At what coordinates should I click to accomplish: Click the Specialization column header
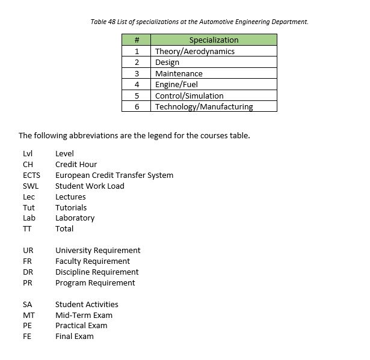click(x=214, y=40)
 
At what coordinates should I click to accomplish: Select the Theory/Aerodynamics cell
click(x=194, y=51)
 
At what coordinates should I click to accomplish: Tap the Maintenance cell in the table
click(x=179, y=73)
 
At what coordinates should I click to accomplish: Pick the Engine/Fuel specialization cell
click(x=176, y=85)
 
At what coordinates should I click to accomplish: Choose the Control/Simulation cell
click(x=189, y=96)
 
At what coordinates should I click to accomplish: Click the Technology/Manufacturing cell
click(x=204, y=106)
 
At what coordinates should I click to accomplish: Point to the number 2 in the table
click(x=137, y=63)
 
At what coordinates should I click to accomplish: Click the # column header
click(x=137, y=40)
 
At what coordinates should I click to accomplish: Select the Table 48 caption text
click(x=199, y=22)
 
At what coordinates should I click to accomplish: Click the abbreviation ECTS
click(x=31, y=175)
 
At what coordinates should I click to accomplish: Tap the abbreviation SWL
click(x=30, y=186)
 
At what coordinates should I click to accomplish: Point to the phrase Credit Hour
click(x=76, y=165)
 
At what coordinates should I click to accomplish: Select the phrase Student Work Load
click(x=90, y=186)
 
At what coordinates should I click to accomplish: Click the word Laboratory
click(x=75, y=218)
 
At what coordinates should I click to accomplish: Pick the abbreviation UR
click(x=28, y=251)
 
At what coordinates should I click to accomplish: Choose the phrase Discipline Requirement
click(x=97, y=272)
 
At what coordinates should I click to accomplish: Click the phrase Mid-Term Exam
click(x=84, y=316)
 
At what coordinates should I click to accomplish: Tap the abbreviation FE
click(x=27, y=337)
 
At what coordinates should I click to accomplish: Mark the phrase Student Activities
click(x=87, y=305)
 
